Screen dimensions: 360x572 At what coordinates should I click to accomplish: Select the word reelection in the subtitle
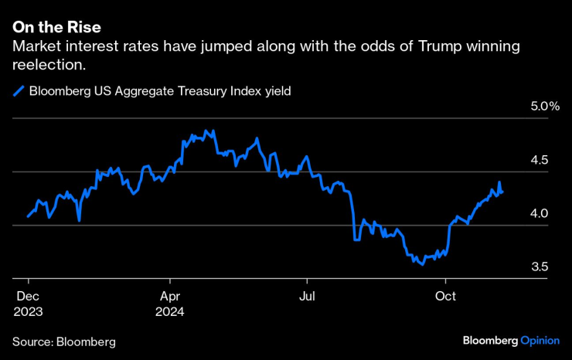click(x=47, y=66)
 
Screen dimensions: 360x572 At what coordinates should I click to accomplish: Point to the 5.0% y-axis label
click(x=543, y=107)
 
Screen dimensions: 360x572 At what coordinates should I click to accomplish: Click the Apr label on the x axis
click(x=169, y=295)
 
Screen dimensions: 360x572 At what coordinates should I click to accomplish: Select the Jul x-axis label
click(x=307, y=295)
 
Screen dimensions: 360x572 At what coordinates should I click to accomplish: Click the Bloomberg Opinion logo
click(x=510, y=341)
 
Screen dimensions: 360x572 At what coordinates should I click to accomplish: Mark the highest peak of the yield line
click(x=205, y=131)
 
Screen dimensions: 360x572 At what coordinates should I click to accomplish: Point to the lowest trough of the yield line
click(x=421, y=264)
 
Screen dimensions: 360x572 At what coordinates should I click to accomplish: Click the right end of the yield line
click(x=503, y=192)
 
